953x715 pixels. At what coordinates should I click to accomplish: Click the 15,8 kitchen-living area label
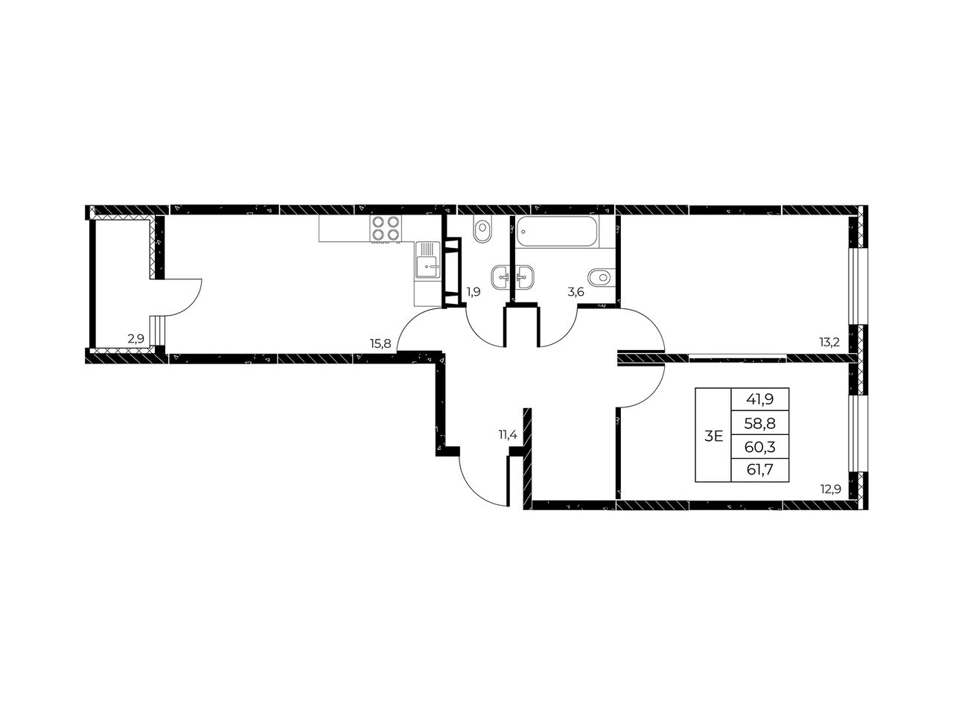[380, 344]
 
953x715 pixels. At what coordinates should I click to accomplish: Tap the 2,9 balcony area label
[136, 339]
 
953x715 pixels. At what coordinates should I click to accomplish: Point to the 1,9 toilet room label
[474, 292]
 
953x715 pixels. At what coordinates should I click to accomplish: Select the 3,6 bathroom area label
[576, 292]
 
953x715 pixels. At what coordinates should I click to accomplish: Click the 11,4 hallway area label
[508, 434]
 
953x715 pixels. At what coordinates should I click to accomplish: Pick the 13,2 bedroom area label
[829, 343]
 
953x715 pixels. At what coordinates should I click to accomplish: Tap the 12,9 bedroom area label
[831, 489]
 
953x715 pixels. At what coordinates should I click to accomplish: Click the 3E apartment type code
[713, 436]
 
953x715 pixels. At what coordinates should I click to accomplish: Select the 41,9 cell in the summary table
[760, 399]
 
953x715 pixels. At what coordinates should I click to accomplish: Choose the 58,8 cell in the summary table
[760, 423]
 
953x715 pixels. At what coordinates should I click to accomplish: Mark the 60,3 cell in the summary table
[760, 446]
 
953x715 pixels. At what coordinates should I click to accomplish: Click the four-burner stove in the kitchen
[386, 229]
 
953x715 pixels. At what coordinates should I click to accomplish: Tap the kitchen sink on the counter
[427, 261]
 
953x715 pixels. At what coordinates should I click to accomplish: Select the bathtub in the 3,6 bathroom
[558, 232]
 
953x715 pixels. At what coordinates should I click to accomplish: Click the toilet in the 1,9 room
[482, 230]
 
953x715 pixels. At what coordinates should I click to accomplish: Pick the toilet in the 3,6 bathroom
[602, 276]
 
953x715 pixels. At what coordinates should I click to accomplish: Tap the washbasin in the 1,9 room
[501, 276]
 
